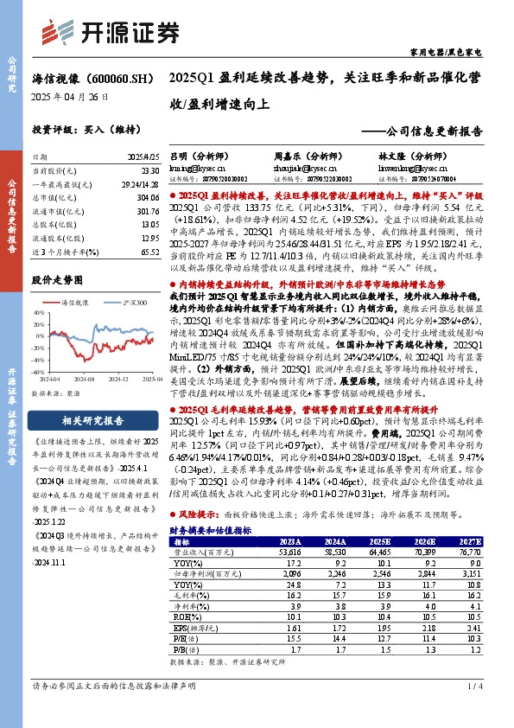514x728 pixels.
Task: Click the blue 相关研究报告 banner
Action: click(83, 421)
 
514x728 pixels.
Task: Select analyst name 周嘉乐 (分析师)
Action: click(301, 156)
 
